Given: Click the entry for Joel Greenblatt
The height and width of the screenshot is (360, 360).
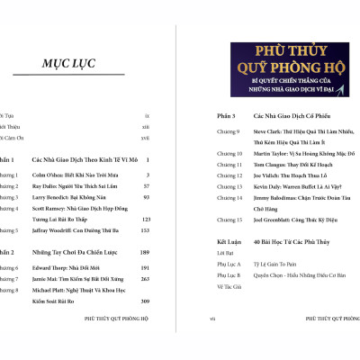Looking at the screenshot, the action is click(274, 220).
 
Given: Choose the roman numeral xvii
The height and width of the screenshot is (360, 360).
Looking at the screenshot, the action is click(146, 138).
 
